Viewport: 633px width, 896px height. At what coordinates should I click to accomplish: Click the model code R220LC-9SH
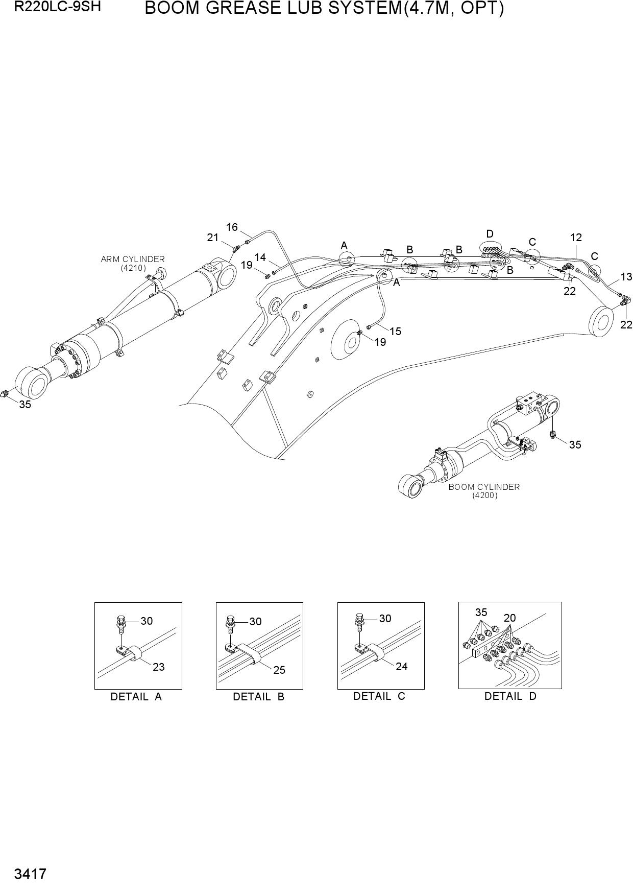[x=57, y=8]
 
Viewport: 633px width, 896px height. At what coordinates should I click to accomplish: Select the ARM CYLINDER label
[x=133, y=260]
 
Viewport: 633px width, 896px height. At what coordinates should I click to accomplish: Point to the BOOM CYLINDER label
[x=484, y=487]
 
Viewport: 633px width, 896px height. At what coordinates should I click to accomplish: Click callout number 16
[x=232, y=227]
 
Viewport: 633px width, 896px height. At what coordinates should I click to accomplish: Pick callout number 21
[x=213, y=238]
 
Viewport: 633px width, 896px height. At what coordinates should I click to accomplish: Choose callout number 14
[x=260, y=257]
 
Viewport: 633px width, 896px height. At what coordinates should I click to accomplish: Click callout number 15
[x=395, y=332]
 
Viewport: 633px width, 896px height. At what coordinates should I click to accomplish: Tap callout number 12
[x=576, y=238]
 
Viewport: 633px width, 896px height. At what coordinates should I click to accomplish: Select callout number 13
[x=626, y=277]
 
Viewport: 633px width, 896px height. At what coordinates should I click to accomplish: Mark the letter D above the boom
[x=490, y=234]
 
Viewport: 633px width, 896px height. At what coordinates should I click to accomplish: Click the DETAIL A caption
[x=136, y=697]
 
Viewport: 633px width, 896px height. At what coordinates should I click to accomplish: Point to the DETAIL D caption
[x=510, y=696]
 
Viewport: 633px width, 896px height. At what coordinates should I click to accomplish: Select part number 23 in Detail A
[x=159, y=667]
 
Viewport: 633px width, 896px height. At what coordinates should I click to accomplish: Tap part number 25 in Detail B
[x=279, y=670]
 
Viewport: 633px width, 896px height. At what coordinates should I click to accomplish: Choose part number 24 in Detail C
[x=402, y=667]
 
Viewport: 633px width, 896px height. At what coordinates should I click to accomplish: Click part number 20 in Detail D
[x=509, y=618]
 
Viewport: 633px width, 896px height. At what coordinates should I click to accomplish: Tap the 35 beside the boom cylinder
[x=575, y=445]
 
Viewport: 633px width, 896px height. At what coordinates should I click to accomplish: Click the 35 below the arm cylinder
[x=25, y=405]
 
